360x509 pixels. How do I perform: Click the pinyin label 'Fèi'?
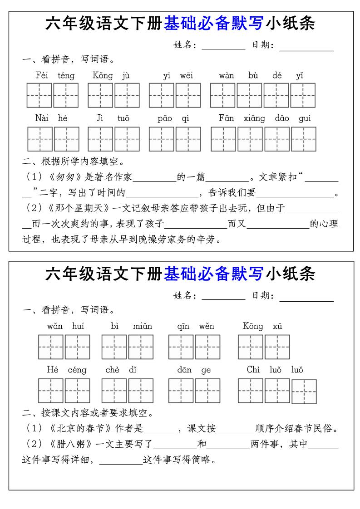pyautogui.click(x=42, y=75)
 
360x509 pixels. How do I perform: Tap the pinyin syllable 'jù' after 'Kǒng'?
pyautogui.click(x=126, y=75)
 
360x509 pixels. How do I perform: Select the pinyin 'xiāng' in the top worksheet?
pyautogui.click(x=254, y=118)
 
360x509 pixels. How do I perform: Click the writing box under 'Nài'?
pyautogui.click(x=40, y=139)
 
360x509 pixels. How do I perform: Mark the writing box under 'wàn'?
pyautogui.click(x=223, y=95)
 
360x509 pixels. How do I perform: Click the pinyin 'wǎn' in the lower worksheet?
pyautogui.click(x=55, y=326)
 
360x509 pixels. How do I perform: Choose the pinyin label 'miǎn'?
pyautogui.click(x=143, y=326)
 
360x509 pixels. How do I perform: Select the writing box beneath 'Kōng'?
pyautogui.click(x=251, y=347)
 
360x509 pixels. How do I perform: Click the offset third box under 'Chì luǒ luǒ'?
pyautogui.click(x=304, y=392)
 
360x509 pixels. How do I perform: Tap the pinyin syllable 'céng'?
pyautogui.click(x=77, y=370)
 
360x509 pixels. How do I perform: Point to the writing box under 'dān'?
pyautogui.click(x=181, y=391)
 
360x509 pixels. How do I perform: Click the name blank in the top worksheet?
pyautogui.click(x=223, y=45)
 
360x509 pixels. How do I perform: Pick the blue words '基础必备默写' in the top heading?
pyautogui.click(x=213, y=23)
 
